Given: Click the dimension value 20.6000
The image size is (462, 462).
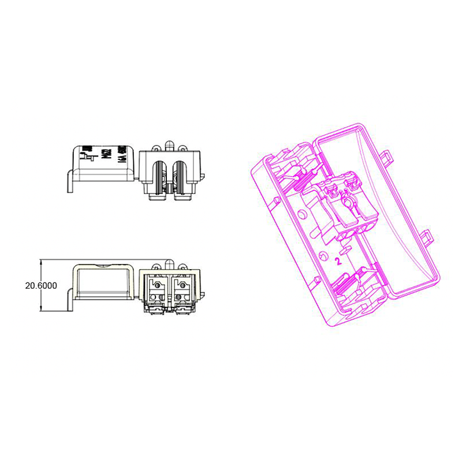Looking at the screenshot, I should pos(23,286).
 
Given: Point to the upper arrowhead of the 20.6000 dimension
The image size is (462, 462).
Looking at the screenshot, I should pos(41,262).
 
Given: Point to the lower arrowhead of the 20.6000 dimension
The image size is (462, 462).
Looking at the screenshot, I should pos(41,310).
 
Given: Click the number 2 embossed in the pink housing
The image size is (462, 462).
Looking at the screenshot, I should pos(338,260).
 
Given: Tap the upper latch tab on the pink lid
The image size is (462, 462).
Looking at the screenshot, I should pos(386,154).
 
